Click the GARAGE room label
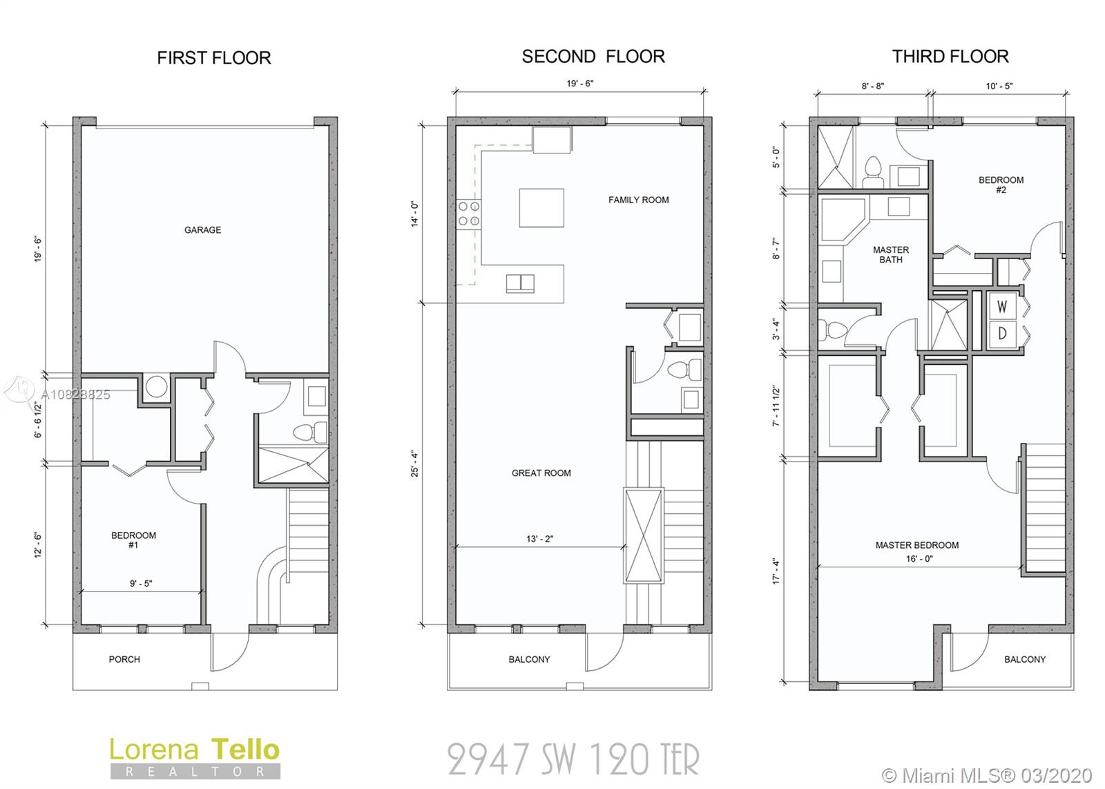point(203,230)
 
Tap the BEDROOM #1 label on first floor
point(134,540)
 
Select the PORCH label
point(124,659)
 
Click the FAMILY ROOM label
point(638,200)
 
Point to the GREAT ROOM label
point(541,473)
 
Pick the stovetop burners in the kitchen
point(469,213)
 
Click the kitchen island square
point(541,208)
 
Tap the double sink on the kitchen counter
point(520,284)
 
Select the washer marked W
point(1002,307)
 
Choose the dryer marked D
point(1002,334)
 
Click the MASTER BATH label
point(891,255)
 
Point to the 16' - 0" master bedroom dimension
point(919,559)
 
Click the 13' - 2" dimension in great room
point(539,539)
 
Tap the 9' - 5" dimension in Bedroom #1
point(141,583)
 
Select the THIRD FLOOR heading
point(950,57)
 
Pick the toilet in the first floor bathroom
point(310,432)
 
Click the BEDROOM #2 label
point(1001,184)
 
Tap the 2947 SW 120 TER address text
point(573,760)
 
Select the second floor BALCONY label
point(529,659)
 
